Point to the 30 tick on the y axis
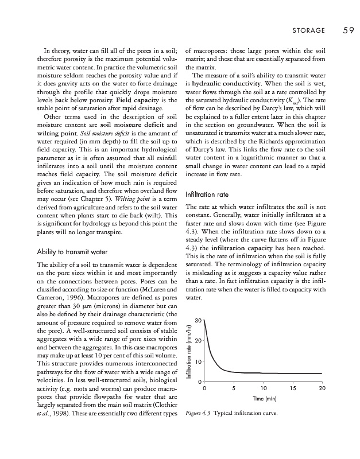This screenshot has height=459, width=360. point(198,320)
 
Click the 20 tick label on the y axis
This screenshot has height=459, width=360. point(198,341)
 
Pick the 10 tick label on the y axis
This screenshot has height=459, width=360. point(198,362)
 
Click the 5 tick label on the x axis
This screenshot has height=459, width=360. point(234,389)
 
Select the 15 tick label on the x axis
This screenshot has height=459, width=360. point(293,389)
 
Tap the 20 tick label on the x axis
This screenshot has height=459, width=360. point(322,389)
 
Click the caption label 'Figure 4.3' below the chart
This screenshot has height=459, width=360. point(199,413)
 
